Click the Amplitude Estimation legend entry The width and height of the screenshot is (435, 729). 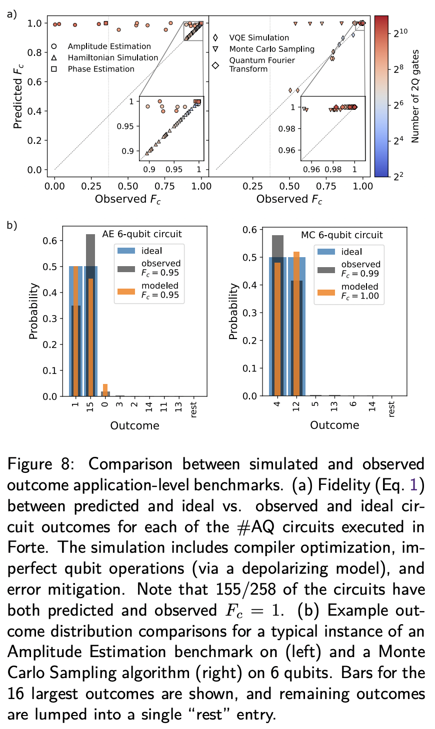[109, 46]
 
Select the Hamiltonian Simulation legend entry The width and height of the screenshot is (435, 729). [113, 58]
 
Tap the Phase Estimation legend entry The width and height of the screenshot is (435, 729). [101, 69]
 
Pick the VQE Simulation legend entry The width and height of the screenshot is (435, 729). [258, 38]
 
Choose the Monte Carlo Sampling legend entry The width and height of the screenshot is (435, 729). [271, 49]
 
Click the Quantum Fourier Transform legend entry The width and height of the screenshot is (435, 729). [261, 64]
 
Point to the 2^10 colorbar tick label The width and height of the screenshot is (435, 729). [401, 33]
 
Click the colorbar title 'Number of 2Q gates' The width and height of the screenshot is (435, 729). [415, 96]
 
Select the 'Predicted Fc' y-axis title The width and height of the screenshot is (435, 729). [18, 96]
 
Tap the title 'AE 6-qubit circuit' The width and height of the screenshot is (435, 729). [142, 234]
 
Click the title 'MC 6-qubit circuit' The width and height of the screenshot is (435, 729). [341, 235]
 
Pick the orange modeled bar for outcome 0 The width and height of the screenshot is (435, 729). [105, 390]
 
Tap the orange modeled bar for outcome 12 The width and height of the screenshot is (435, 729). [296, 325]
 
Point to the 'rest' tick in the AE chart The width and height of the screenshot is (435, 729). [193, 409]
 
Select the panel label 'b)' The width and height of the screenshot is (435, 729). [12, 225]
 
